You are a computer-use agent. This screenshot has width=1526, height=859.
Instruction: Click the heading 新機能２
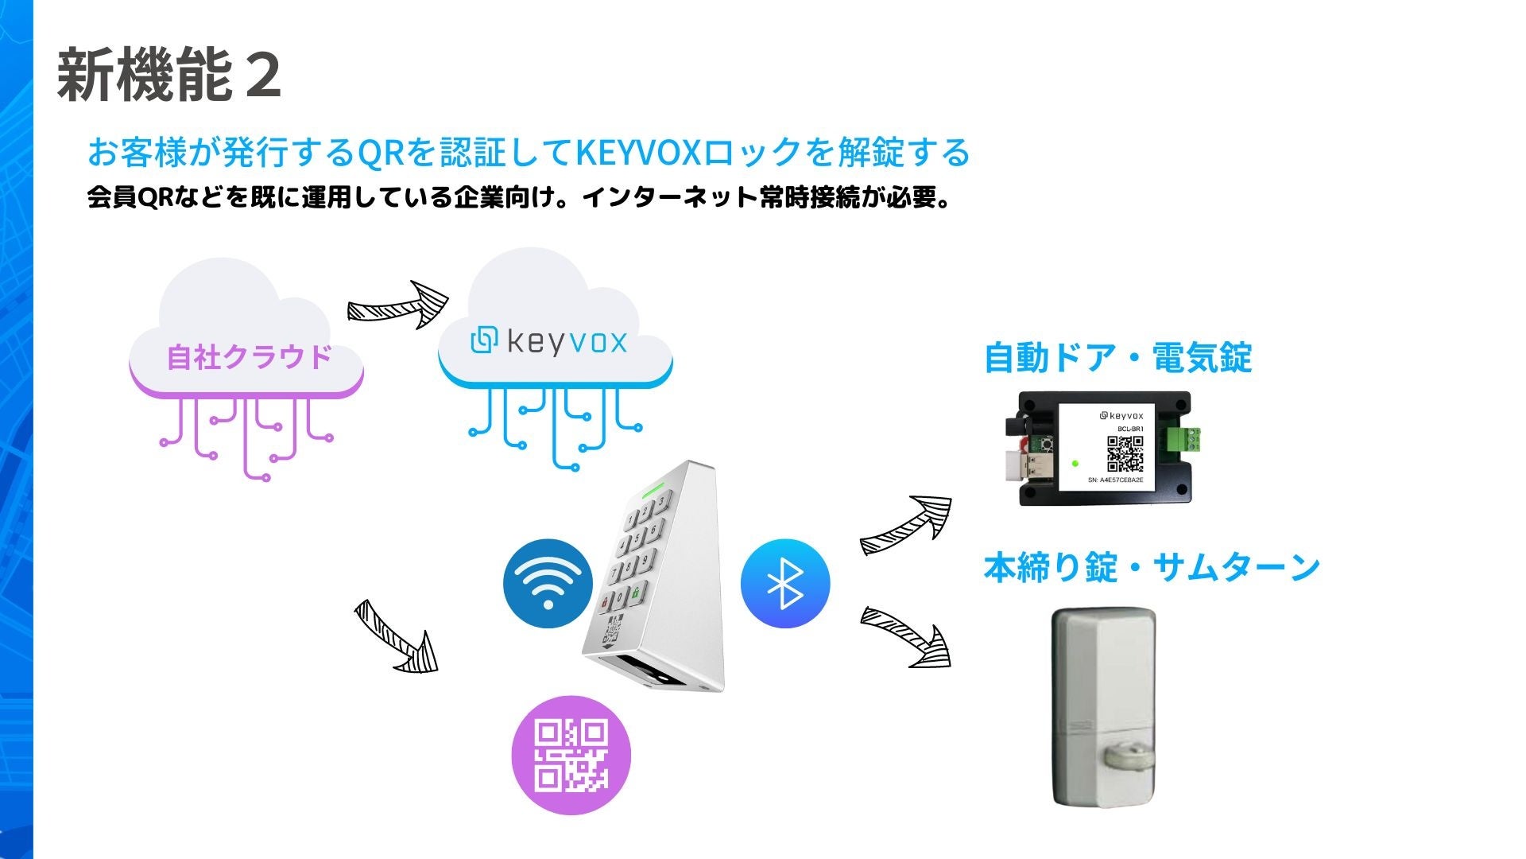168,76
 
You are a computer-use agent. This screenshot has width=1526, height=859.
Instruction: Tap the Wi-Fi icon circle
548,583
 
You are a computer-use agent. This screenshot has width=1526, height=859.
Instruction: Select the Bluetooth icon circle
784,584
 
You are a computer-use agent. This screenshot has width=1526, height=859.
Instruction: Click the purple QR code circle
571,756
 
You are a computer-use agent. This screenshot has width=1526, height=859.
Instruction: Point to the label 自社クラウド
249,357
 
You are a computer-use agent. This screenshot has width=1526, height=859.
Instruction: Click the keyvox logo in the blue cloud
549,341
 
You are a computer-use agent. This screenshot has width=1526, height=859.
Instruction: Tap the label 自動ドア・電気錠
1117,358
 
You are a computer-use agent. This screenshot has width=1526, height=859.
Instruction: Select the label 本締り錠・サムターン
1152,568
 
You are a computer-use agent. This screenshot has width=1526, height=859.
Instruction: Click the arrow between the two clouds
398,305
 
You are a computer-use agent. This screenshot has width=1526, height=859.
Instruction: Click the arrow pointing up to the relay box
907,526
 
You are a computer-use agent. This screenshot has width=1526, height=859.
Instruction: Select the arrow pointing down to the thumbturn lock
907,636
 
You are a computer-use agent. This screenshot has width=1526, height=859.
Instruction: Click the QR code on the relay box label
1125,453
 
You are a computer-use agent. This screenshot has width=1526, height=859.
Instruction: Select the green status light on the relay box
1075,464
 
